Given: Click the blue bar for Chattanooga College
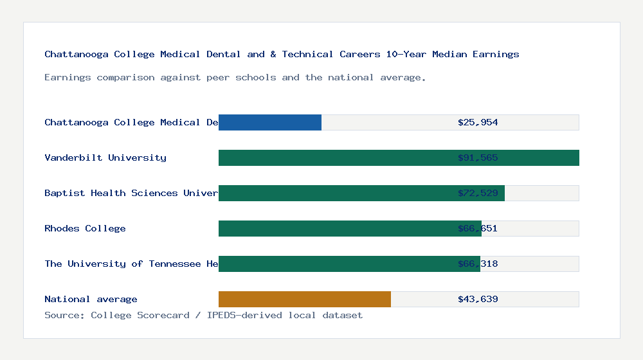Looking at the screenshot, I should (270, 122).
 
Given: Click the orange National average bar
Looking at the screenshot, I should (305, 299).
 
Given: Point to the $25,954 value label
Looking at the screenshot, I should (478, 122).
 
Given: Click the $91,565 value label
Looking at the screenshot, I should (478, 157).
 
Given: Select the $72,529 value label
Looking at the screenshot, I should (478, 193).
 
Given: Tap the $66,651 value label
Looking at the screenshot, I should (478, 228).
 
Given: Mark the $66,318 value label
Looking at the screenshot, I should (478, 264).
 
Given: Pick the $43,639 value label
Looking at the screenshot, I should (478, 299).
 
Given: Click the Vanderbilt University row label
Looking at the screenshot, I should (105, 157).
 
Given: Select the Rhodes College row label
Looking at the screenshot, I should (85, 228).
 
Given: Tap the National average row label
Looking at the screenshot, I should (91, 299).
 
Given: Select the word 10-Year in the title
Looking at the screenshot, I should (406, 54).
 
